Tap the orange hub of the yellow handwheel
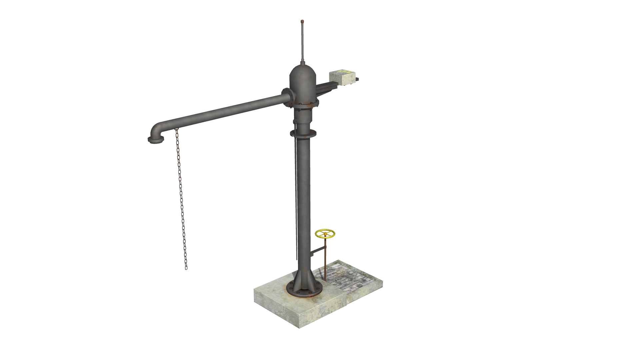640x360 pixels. tap(325, 234)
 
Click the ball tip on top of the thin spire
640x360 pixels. tap(302, 22)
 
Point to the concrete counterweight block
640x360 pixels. tap(341, 79)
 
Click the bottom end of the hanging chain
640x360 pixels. tap(186, 268)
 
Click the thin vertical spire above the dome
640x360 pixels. tap(302, 43)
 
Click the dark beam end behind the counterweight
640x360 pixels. tap(358, 79)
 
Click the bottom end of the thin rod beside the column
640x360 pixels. tap(296, 259)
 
